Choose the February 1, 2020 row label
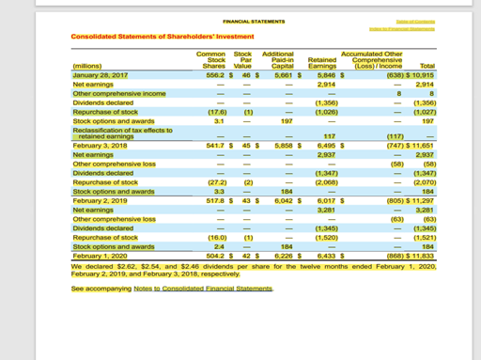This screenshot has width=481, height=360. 102,254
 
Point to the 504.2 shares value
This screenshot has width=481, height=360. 212,254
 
